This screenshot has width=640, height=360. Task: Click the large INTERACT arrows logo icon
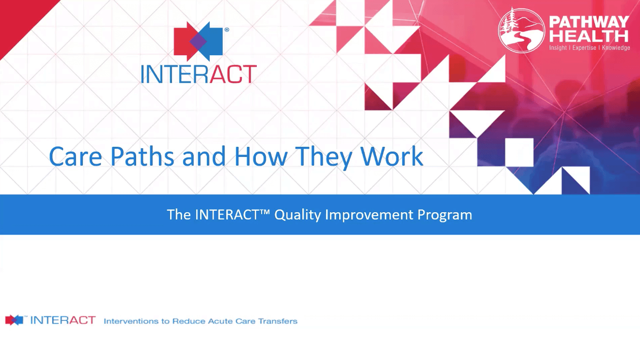(x=198, y=42)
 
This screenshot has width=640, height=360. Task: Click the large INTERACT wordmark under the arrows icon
(x=199, y=75)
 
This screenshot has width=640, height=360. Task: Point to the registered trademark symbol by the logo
(x=227, y=30)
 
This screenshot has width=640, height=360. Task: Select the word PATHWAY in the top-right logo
(x=589, y=22)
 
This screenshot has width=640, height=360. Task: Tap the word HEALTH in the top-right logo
(x=589, y=36)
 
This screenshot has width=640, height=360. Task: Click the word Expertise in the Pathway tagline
(x=584, y=48)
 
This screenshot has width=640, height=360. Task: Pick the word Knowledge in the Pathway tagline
(x=616, y=48)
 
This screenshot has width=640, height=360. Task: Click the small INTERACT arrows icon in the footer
(x=15, y=320)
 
